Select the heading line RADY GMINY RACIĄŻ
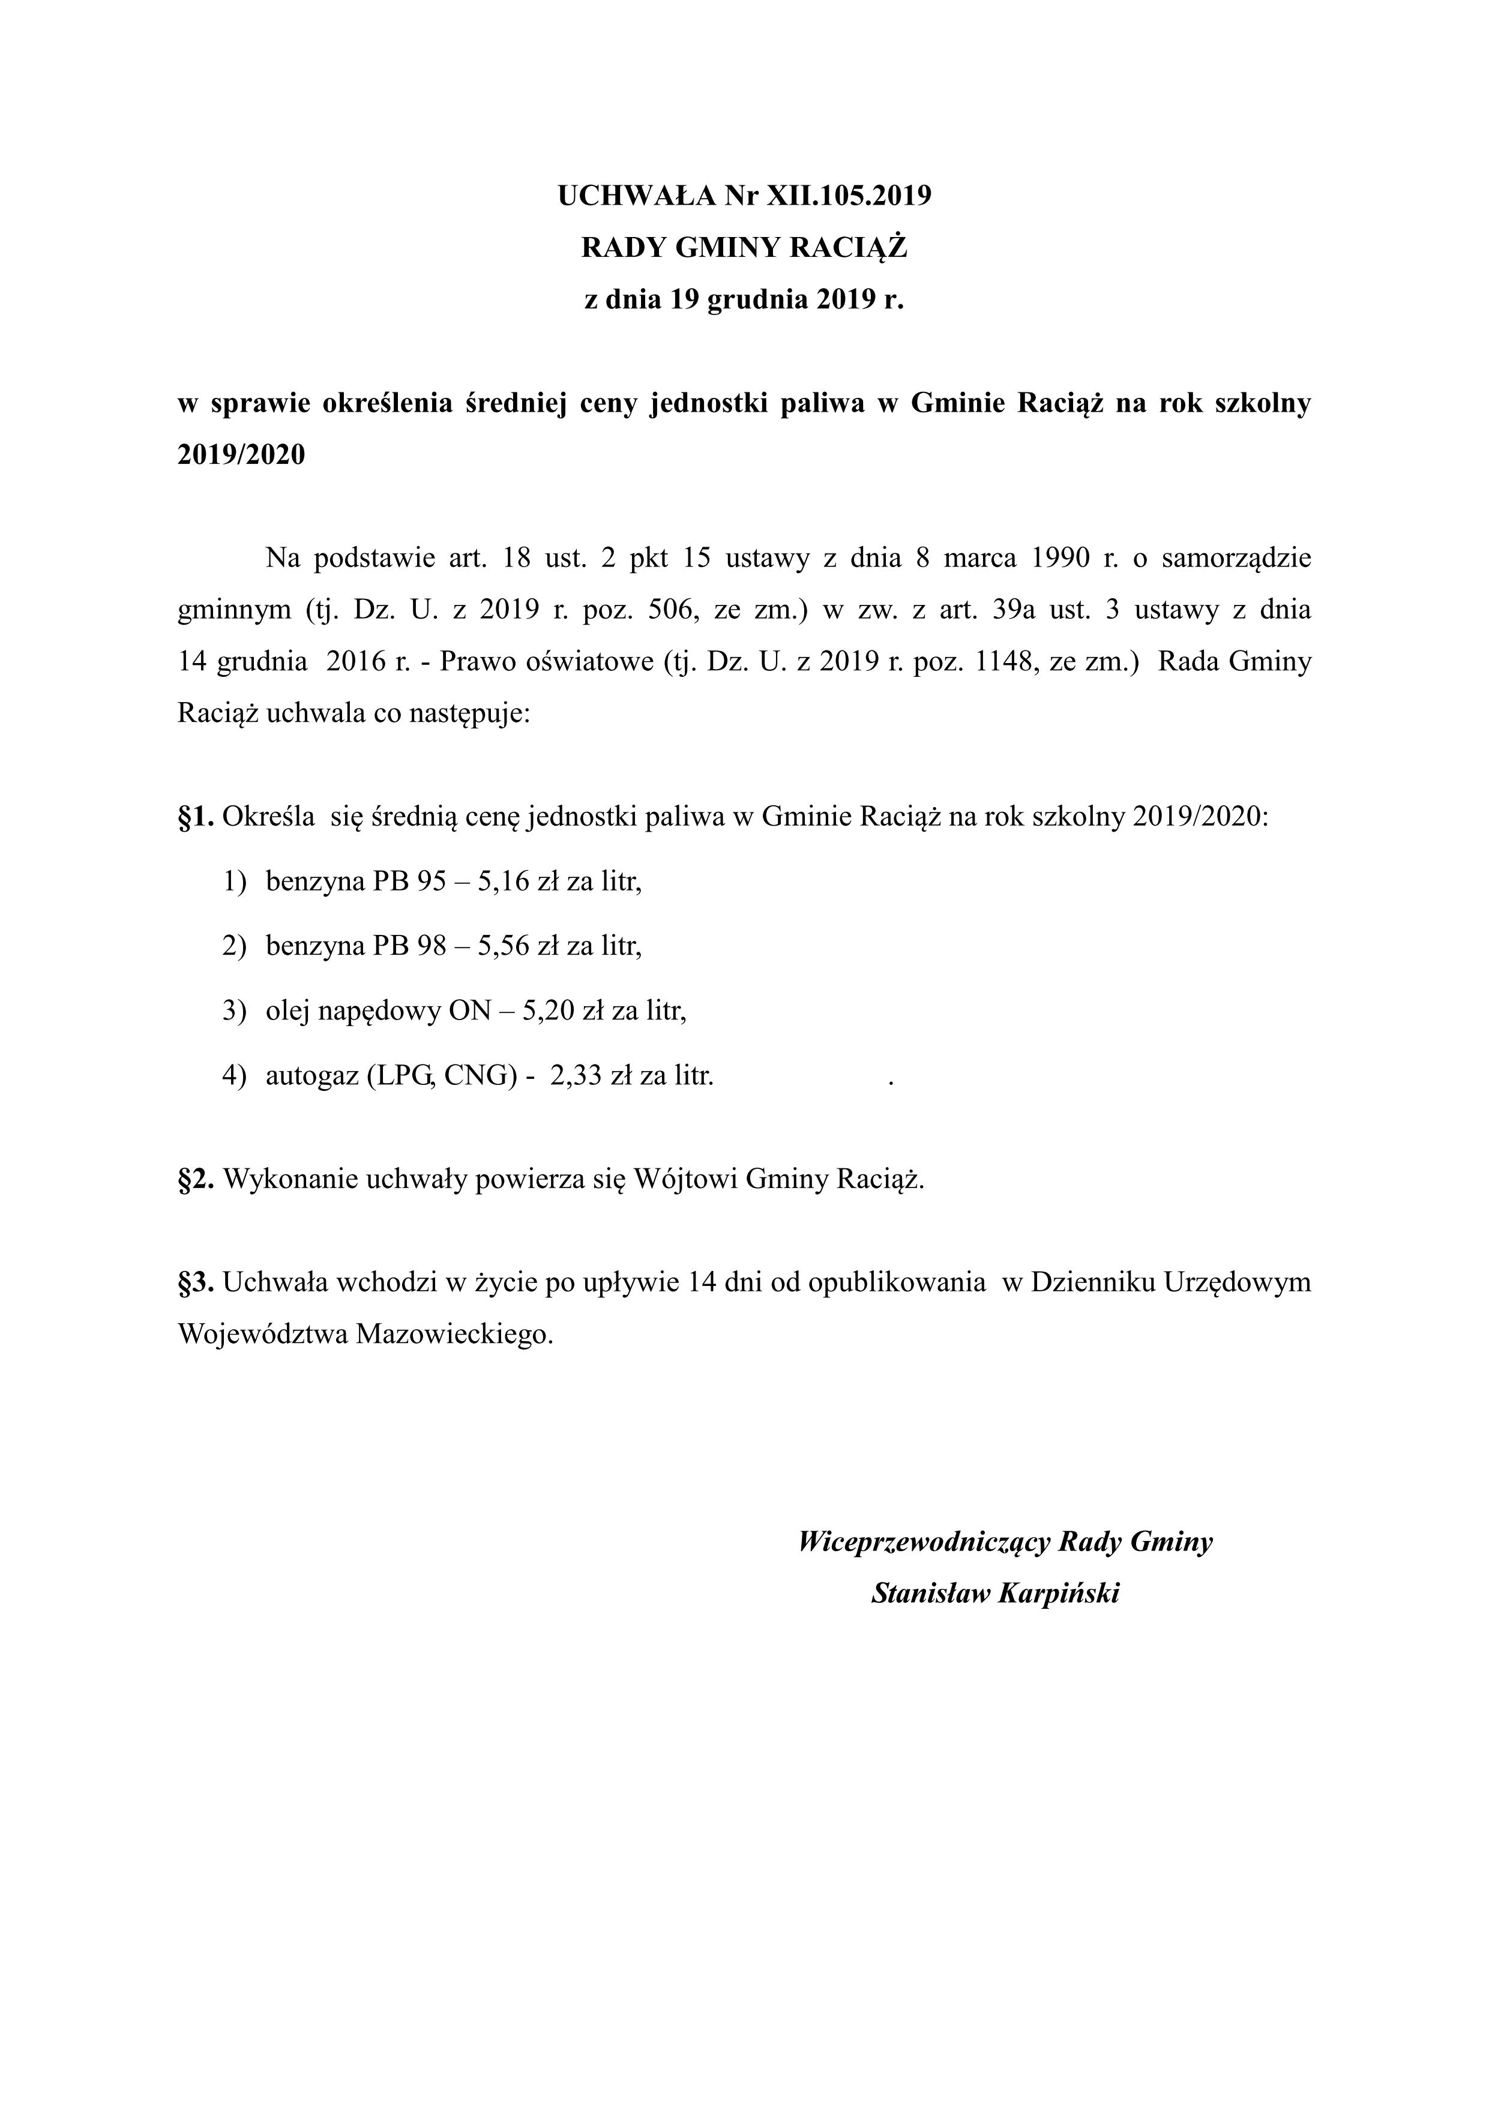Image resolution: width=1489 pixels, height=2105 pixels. click(x=744, y=248)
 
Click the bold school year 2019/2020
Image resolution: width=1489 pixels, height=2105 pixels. click(x=241, y=455)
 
